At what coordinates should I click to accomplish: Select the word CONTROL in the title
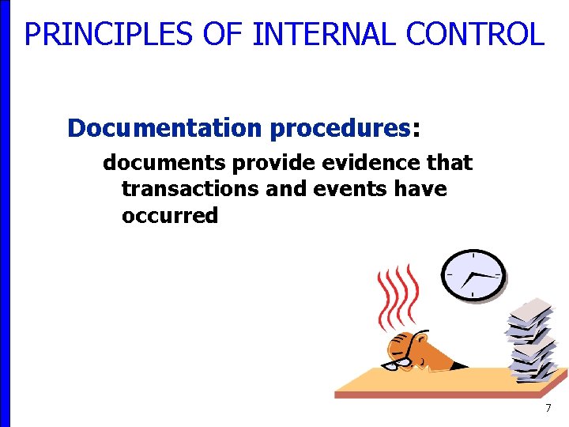(x=475, y=35)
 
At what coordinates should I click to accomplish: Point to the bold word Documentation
(x=164, y=127)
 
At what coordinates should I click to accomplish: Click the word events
(x=344, y=189)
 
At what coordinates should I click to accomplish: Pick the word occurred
(x=170, y=216)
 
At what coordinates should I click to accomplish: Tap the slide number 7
(x=547, y=408)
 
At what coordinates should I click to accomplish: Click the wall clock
(x=473, y=275)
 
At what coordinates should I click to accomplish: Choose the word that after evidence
(x=447, y=163)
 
